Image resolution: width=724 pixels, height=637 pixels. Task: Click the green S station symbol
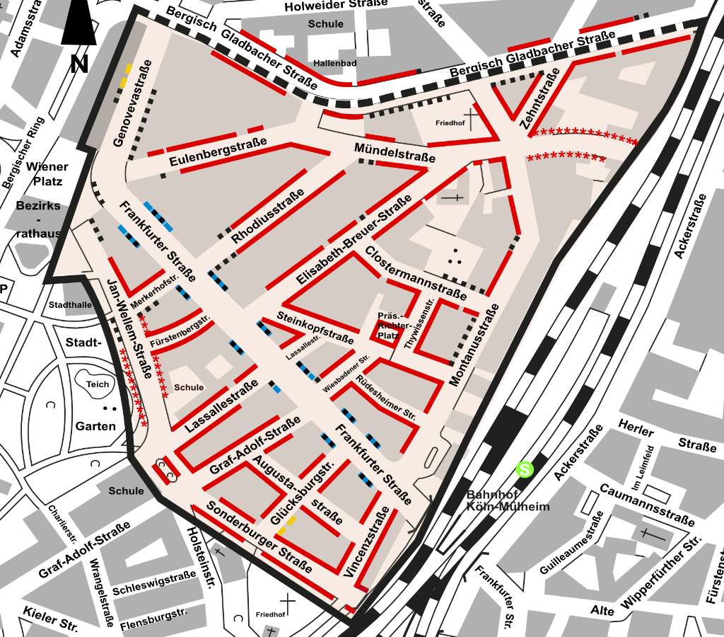[x=524, y=469]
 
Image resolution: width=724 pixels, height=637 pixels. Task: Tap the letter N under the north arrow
[x=78, y=64]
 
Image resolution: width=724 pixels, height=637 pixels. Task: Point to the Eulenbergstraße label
[x=218, y=151]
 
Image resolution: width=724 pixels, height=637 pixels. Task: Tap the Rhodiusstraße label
[x=268, y=217]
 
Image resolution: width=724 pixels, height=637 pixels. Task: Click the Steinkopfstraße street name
[x=315, y=326]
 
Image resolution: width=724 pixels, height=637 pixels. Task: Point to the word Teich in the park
[x=98, y=384]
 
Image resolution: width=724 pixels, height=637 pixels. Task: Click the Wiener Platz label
[x=47, y=173]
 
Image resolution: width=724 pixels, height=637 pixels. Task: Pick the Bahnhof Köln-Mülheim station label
[x=508, y=500]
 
